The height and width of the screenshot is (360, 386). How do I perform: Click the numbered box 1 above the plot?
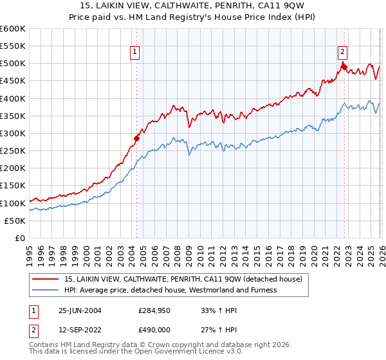coord(136,53)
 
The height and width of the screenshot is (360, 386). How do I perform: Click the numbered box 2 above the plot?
coord(342,53)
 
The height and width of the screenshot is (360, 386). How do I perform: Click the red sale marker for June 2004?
coord(136,138)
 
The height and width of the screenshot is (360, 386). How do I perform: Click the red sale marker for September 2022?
coord(344,66)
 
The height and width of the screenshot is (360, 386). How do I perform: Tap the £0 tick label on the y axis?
coord(20,238)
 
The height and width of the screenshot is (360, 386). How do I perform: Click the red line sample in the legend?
coord(47,279)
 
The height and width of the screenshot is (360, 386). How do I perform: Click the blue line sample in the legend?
coord(47,290)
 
